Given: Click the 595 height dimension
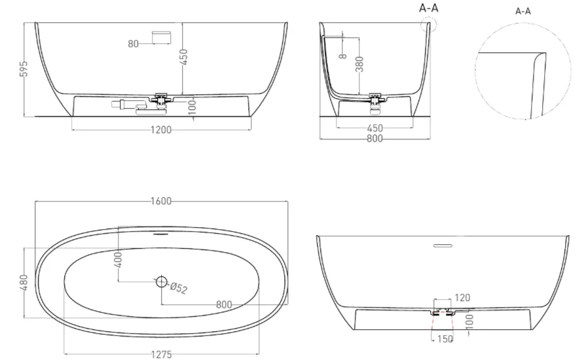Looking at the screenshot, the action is pos(24,69).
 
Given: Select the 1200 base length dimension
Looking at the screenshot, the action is pos(161,130).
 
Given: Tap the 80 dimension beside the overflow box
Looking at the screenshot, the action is pos(133,44).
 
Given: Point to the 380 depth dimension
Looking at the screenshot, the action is pos(359,63).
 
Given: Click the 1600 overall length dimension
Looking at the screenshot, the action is pos(161,201).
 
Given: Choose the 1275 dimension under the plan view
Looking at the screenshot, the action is pos(161,354).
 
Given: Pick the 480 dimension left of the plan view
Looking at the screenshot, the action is pos(24,282).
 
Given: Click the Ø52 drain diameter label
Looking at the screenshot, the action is pos(179,287).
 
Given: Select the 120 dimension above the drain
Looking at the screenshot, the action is pos(462,298).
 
